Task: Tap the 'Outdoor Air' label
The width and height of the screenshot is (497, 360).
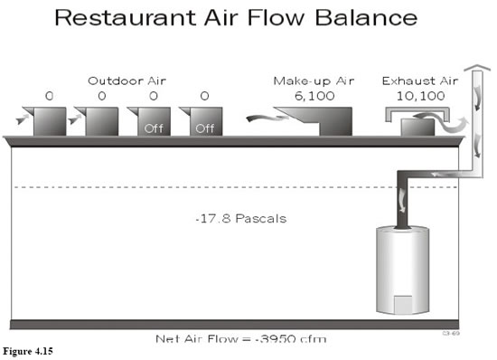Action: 127,80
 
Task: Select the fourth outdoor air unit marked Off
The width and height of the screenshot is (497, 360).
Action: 204,122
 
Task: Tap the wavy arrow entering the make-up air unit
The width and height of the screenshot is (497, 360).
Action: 263,115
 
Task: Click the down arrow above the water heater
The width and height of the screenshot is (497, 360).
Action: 401,196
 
